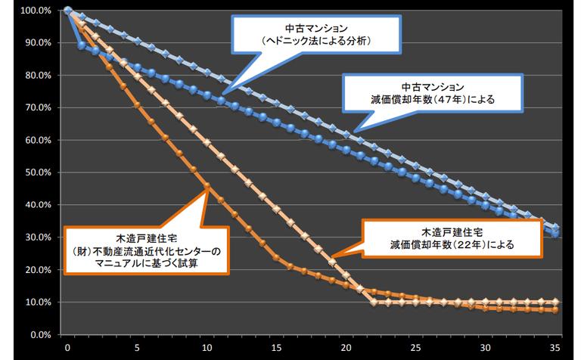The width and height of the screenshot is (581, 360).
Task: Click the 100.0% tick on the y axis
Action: [x=36, y=11]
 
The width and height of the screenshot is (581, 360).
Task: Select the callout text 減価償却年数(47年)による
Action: [x=433, y=98]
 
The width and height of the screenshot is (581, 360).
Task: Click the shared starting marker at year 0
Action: [x=68, y=11]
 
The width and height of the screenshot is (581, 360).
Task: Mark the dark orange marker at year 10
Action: [x=207, y=185]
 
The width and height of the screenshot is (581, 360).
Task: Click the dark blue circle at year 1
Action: [x=82, y=45]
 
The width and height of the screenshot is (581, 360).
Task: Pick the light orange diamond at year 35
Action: [x=556, y=302]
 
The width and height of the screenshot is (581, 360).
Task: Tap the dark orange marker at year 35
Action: [x=556, y=309]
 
